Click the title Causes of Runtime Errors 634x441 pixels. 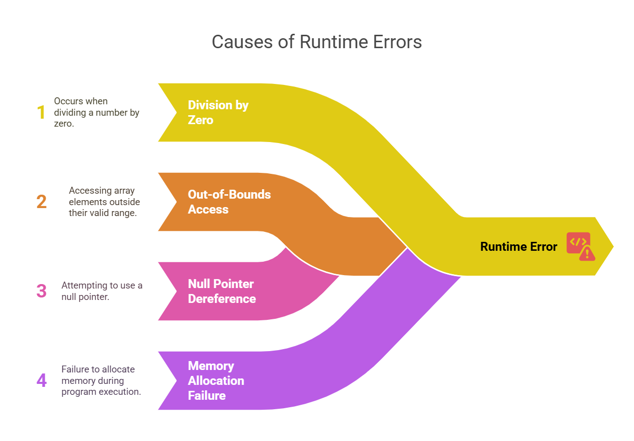[x=317, y=42]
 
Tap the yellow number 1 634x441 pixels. [x=41, y=113]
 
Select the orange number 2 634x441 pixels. [x=42, y=202]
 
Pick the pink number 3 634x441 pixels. [x=42, y=291]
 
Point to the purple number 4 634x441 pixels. [x=42, y=380]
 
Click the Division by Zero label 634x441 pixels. [x=218, y=112]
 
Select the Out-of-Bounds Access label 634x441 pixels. [x=229, y=202]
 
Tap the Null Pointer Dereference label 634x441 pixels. [x=222, y=291]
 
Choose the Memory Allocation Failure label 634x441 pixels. [x=216, y=380]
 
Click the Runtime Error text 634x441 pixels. [x=518, y=246]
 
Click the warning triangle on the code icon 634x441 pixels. [x=587, y=254]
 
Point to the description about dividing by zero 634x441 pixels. [x=97, y=113]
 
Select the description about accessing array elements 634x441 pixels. [x=104, y=202]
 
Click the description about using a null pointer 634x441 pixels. [x=102, y=291]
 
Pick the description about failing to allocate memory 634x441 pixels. [x=101, y=380]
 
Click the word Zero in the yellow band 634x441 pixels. [x=200, y=120]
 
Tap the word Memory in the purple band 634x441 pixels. [x=211, y=366]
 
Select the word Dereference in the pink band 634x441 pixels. [x=222, y=298]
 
